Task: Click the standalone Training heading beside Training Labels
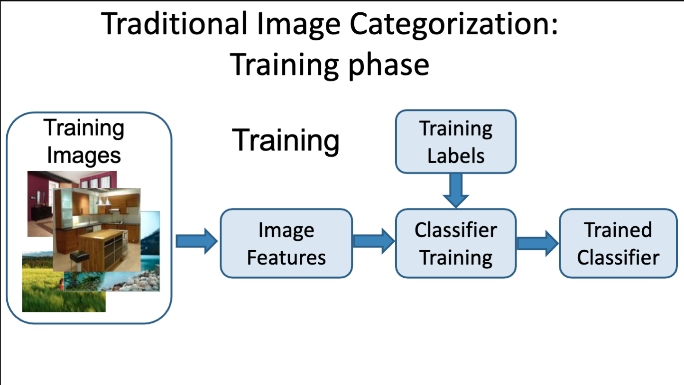[286, 140]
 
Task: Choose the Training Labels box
[455, 142]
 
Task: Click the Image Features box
[286, 243]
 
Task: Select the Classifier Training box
[455, 243]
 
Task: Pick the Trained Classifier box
[618, 243]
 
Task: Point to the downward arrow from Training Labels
[455, 190]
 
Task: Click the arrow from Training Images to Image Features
[196, 241]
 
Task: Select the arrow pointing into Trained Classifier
[537, 243]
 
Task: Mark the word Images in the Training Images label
[84, 155]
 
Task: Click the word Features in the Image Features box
[286, 257]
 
